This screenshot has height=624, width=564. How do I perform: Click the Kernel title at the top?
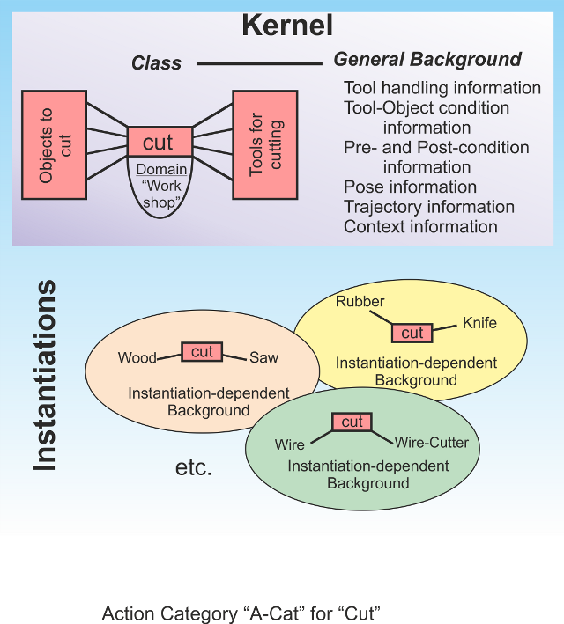pyautogui.click(x=287, y=25)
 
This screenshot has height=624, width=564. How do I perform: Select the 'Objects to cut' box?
pyautogui.click(x=54, y=143)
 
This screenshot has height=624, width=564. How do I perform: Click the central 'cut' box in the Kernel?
pyautogui.click(x=159, y=142)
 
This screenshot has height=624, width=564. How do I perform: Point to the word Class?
pyautogui.click(x=156, y=63)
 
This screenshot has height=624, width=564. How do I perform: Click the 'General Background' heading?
pyautogui.click(x=427, y=61)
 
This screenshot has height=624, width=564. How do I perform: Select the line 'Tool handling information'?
pyautogui.click(x=442, y=88)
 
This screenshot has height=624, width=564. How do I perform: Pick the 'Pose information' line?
pyautogui.click(x=410, y=187)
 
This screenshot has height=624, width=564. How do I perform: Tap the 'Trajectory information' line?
pyautogui.click(x=428, y=207)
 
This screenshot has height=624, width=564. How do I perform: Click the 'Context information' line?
pyautogui.click(x=420, y=226)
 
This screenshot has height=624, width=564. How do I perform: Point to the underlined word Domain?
pyautogui.click(x=161, y=169)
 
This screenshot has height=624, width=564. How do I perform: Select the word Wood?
pyautogui.click(x=137, y=358)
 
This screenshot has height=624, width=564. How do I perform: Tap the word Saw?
pyautogui.click(x=263, y=357)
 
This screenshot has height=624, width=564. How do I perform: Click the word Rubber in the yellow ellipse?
pyautogui.click(x=360, y=302)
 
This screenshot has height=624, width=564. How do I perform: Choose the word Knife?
pyautogui.click(x=479, y=323)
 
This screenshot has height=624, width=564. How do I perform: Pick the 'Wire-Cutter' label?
pyautogui.click(x=432, y=442)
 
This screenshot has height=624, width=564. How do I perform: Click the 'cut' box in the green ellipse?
pyautogui.click(x=352, y=422)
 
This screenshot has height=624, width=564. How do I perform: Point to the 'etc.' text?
pyautogui.click(x=194, y=467)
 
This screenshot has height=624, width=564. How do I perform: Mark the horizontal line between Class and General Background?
pyautogui.click(x=259, y=63)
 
